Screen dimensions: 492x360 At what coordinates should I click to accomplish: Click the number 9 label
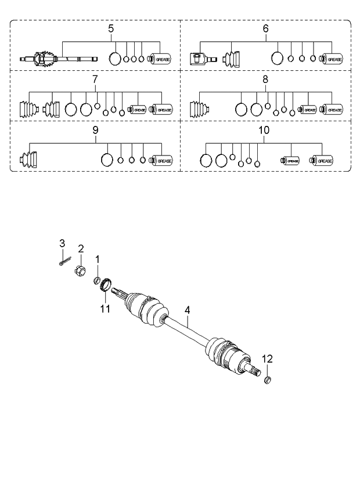96,131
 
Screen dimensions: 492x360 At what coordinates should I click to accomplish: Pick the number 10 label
264,131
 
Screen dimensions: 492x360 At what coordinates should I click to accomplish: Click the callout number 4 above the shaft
188,310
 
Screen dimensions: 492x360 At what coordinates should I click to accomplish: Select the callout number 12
268,358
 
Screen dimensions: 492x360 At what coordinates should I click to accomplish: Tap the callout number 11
105,309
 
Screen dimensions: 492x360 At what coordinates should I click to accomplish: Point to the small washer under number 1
98,281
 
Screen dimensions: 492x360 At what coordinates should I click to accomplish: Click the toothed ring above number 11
106,285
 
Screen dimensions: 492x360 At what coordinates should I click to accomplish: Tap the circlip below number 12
268,380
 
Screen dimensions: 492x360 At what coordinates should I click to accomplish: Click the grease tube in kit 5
159,59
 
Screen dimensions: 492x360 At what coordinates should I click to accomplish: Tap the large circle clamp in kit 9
107,160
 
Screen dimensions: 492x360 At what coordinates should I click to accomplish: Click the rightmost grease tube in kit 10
323,160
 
